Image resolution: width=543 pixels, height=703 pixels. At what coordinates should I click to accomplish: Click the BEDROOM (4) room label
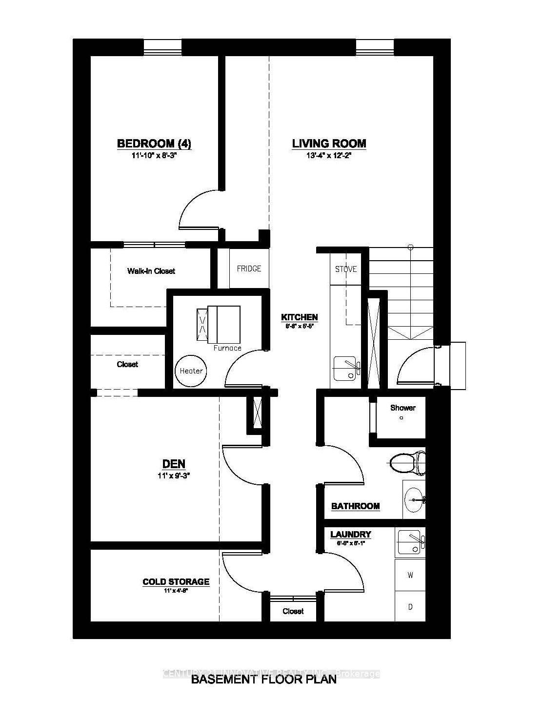coord(154,144)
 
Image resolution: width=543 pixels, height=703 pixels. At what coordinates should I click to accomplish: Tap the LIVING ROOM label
coord(329,144)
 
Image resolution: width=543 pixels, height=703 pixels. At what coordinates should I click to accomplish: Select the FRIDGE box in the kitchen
coord(249,269)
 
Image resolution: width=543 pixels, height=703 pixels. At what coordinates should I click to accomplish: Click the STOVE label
coord(346,269)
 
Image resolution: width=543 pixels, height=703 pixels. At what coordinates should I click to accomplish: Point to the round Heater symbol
coord(191,371)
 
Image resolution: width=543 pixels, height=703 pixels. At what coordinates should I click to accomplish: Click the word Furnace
coord(227,348)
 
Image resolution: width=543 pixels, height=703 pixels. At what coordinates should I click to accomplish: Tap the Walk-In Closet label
coord(151,271)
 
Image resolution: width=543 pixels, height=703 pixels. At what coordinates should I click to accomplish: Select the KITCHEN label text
coord(299,317)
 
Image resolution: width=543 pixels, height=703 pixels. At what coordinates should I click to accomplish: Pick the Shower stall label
coord(402,408)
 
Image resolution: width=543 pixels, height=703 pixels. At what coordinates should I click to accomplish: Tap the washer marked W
coord(410,576)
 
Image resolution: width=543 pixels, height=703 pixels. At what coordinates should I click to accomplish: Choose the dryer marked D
coord(410,607)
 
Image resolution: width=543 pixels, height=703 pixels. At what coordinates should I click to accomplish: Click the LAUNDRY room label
coord(350,535)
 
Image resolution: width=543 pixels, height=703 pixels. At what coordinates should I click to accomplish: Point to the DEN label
coord(173,464)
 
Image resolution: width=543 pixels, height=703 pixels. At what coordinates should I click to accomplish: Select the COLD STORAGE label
coord(176,581)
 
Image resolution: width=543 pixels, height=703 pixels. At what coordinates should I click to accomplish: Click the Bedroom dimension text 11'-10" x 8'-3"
coord(154,156)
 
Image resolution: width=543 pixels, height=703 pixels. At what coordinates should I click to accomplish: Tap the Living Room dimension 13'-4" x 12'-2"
coord(329,156)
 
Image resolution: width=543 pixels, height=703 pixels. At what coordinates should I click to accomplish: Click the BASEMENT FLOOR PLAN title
coord(263,680)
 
